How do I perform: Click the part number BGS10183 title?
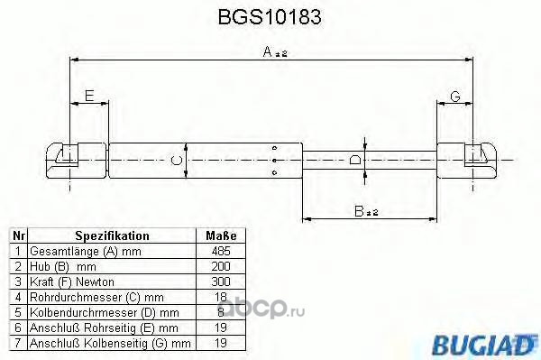click(270, 16)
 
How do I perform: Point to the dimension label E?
click(89, 96)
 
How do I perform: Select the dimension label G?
click(455, 97)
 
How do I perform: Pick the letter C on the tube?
click(177, 161)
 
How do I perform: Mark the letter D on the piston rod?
click(355, 161)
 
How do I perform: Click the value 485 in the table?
click(221, 251)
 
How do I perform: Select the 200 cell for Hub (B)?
click(221, 266)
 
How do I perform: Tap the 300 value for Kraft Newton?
click(221, 282)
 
